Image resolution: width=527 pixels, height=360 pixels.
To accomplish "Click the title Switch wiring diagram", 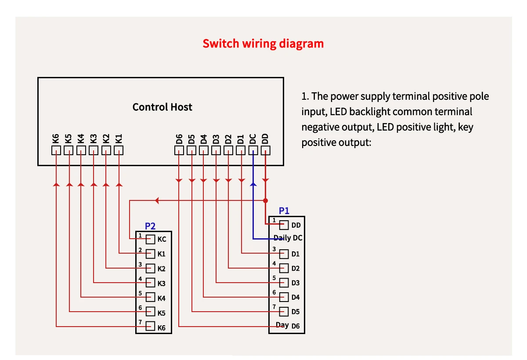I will pos(263,44).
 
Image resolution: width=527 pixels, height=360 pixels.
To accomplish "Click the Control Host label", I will pos(162,107).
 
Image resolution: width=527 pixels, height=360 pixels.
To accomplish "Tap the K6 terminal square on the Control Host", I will pos(56,150).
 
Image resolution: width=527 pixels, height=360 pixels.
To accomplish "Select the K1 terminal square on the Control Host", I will pos(119,150).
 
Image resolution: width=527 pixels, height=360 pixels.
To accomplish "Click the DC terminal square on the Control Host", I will pos(253,150).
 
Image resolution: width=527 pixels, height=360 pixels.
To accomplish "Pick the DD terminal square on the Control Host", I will pos(266,150).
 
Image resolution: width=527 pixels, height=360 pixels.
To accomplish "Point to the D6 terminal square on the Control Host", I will pos(179,150).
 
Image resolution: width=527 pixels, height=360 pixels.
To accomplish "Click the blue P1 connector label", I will pos(284,211).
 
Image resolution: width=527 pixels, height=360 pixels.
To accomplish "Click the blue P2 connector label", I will pos(150,226).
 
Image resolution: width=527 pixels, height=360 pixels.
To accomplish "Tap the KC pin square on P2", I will pos(151,239).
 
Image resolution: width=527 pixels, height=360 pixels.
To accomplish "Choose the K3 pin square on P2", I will pos(151,283).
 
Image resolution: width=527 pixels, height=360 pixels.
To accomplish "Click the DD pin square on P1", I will pos(284,225).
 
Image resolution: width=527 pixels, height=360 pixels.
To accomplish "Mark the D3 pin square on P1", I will pos(284,283).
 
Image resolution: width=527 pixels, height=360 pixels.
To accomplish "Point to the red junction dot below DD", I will pos(265,200).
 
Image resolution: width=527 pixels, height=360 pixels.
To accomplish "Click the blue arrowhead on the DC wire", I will pos(253,185).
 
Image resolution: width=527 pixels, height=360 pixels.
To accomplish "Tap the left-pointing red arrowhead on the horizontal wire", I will pos(158,200).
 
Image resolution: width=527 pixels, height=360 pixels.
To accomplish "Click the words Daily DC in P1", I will pos(288,238).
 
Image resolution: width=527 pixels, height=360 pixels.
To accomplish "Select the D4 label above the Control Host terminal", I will pos(204,139).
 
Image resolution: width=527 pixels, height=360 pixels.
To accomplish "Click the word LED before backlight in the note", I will pos(338,112).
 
